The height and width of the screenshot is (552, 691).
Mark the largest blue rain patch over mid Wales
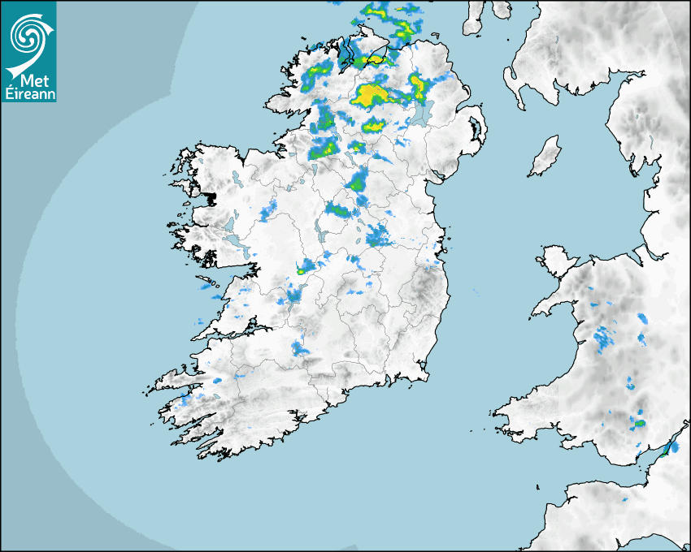[x=602, y=337]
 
